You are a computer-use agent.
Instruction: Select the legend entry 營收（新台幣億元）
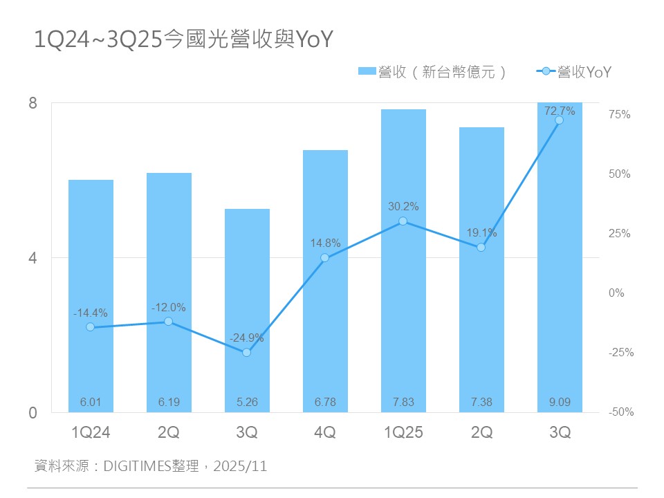point(432,71)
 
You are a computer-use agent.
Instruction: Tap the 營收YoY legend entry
point(575,71)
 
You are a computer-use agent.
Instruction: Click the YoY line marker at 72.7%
point(560,120)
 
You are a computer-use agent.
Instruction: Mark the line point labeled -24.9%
point(247,353)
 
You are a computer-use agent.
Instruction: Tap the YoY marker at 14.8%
point(325,258)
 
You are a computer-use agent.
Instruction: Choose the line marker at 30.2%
point(403,221)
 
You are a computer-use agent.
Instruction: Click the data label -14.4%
point(91,313)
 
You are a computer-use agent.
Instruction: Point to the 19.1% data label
point(481,233)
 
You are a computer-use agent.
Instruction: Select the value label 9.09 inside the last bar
point(560,402)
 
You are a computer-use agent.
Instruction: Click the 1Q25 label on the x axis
point(403,433)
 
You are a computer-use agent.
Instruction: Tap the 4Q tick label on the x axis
point(325,433)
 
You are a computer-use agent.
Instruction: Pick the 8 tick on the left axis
point(33,104)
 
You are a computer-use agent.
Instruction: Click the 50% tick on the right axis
point(620,174)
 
